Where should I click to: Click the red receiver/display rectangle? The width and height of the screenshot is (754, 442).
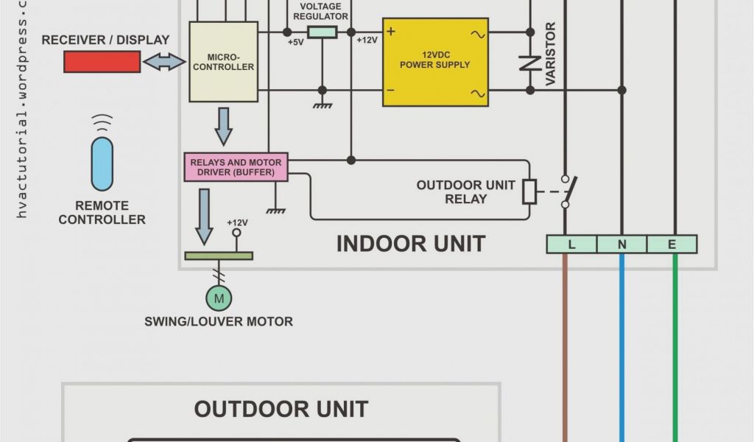[x=102, y=63]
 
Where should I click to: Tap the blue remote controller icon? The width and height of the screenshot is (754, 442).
[x=102, y=163]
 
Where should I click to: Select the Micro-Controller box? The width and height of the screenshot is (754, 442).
[x=224, y=62]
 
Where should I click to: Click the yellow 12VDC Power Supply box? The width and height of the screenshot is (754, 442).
[x=435, y=62]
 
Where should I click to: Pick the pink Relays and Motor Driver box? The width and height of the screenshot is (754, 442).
[x=236, y=167]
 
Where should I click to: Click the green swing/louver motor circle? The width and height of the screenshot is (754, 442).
[x=218, y=298]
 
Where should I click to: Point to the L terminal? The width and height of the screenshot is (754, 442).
[x=571, y=244]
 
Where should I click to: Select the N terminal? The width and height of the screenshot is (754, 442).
[x=621, y=244]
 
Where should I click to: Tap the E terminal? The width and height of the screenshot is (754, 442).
[x=672, y=244]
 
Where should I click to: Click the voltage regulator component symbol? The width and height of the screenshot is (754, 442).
[x=322, y=32]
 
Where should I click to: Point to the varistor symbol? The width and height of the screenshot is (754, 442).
[x=530, y=63]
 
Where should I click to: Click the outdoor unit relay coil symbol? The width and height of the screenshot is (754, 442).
[x=529, y=192]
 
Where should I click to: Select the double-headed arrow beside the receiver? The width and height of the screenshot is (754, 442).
[x=164, y=63]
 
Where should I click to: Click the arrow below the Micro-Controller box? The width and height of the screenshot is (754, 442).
[x=223, y=127]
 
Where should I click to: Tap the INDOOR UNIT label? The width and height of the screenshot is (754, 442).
[x=410, y=244]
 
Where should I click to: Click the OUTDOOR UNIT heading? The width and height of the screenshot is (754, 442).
[x=281, y=409]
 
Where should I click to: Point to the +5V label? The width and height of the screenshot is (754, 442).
[x=295, y=42]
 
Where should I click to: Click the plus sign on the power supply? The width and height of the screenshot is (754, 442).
[x=391, y=32]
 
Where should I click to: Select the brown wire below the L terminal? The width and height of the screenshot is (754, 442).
[x=565, y=346]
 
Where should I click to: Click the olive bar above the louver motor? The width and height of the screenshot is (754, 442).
[x=218, y=256]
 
